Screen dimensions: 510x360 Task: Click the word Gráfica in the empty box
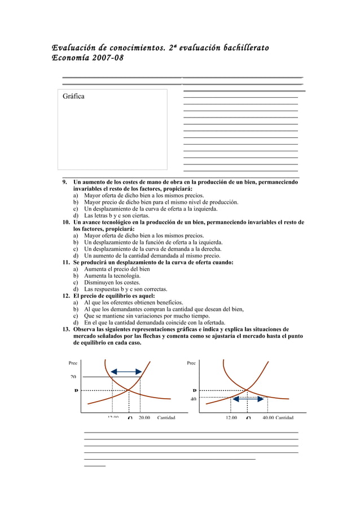click(73, 97)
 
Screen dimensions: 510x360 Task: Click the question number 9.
click(65, 182)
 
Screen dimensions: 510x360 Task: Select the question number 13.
click(66, 329)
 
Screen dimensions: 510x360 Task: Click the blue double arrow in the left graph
click(126, 371)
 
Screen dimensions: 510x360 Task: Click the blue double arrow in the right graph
click(249, 398)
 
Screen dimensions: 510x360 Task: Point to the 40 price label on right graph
click(193, 399)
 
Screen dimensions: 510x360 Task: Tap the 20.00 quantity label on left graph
click(144, 418)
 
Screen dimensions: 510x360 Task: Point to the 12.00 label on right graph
click(231, 418)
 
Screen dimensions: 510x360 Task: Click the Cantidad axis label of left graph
click(166, 418)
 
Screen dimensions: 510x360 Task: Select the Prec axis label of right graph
click(191, 363)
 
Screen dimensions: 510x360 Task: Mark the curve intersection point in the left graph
click(129, 390)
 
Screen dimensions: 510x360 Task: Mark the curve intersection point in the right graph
click(247, 390)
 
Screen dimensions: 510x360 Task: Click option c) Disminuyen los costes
click(109, 282)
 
